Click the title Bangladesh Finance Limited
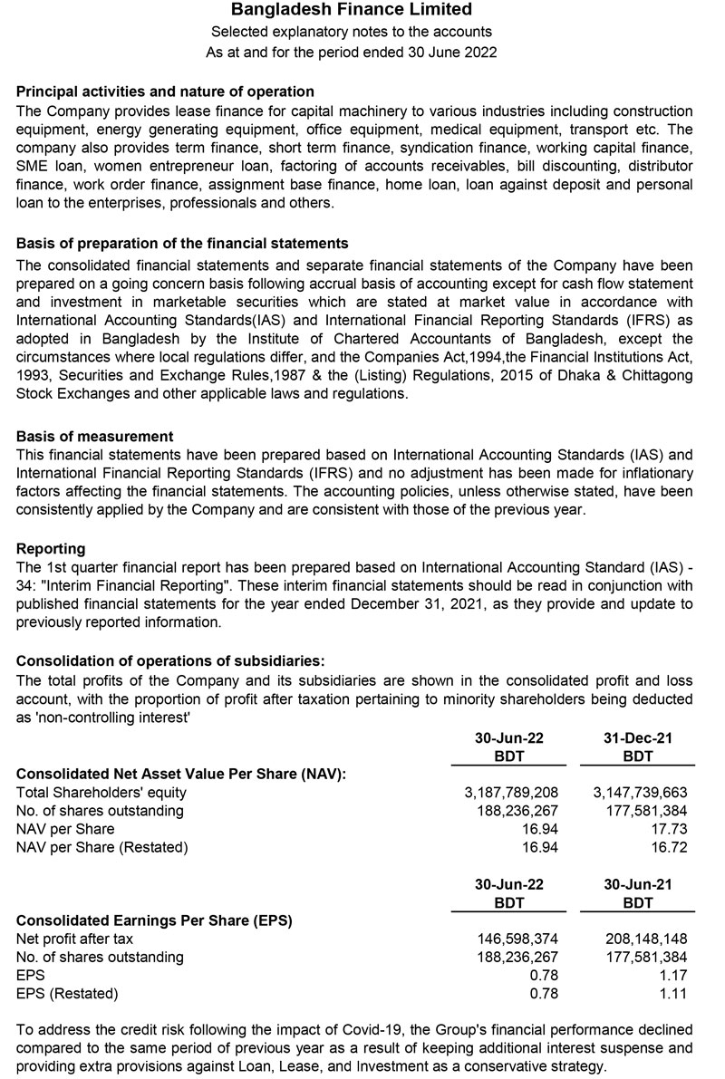[352, 11]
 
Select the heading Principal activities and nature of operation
[165, 92]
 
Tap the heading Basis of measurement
[94, 437]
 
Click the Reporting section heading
[51, 549]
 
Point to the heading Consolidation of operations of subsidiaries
[170, 660]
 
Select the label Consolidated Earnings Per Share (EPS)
[154, 921]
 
